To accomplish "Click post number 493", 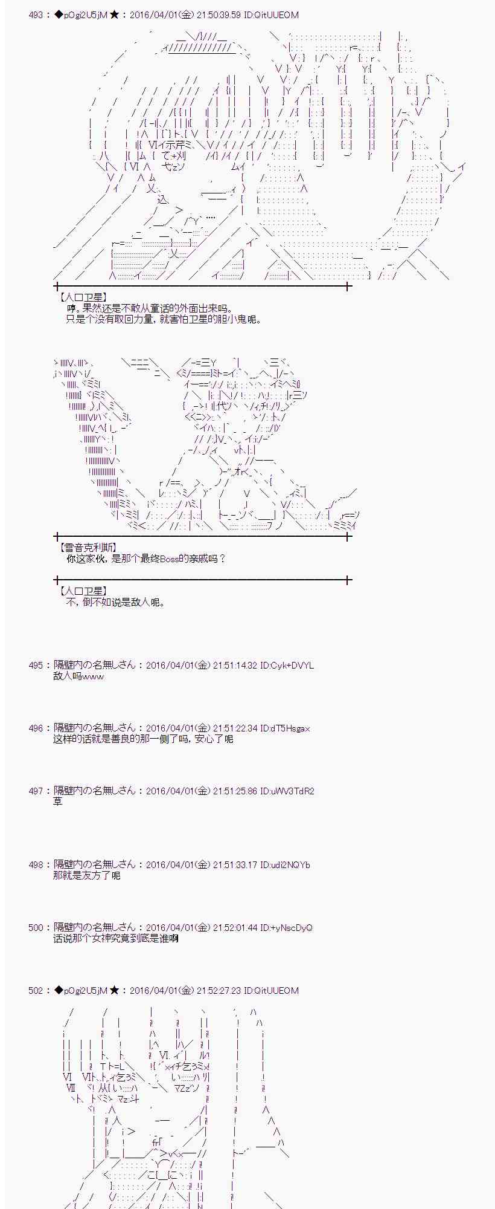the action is coord(36,15).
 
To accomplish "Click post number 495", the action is coord(36,666).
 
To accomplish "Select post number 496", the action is coord(36,728).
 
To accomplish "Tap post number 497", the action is coord(36,791).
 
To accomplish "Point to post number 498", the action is coord(36,865).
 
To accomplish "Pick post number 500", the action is coord(36,928).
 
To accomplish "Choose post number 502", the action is coord(36,991).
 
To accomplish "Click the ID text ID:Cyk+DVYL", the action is coord(287,666).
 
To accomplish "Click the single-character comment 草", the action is coord(58,802).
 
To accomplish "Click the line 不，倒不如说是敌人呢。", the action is coord(115,603).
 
